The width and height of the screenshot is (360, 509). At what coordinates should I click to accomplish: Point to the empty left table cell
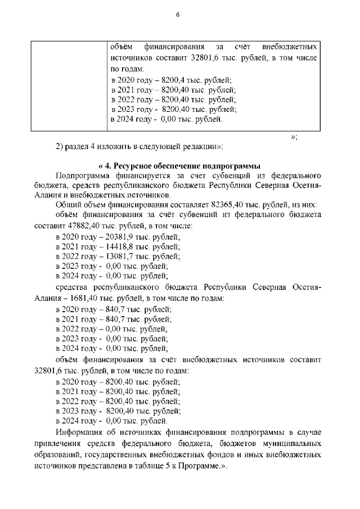pyautogui.click(x=67, y=84)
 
